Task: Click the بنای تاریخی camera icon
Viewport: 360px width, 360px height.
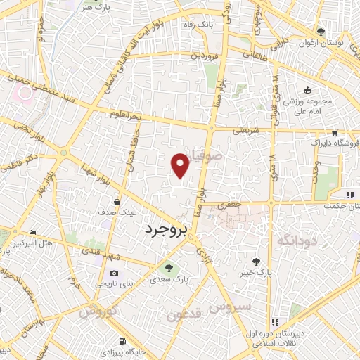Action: [x=114, y=274]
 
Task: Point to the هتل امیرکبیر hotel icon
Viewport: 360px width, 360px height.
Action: [x=32, y=233]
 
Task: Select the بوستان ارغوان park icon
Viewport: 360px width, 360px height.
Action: [x=321, y=32]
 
